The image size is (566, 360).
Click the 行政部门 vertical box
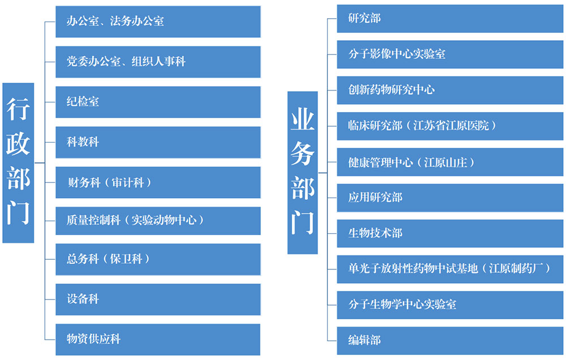(18, 163)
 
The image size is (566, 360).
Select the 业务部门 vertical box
(302, 172)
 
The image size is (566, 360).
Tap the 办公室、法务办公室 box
(158, 22)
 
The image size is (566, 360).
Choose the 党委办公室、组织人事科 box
(158, 62)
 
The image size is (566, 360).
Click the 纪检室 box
(158, 102)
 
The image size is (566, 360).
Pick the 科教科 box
(158, 142)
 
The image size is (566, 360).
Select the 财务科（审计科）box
(158, 182)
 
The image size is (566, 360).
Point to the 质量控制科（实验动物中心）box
(158, 220)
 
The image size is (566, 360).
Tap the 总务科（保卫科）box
(158, 259)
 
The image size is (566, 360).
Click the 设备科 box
(158, 299)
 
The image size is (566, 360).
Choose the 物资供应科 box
(158, 339)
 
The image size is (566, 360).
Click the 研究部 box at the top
(450, 18)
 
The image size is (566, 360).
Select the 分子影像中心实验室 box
(450, 54)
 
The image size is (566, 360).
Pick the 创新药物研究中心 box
(450, 89)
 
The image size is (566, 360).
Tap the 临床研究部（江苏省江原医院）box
(450, 126)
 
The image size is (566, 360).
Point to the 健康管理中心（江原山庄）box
(450, 162)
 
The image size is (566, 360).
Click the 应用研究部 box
(450, 198)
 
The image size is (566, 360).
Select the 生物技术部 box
(450, 233)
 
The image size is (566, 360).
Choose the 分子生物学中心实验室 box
(450, 304)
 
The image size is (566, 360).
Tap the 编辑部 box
(450, 340)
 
